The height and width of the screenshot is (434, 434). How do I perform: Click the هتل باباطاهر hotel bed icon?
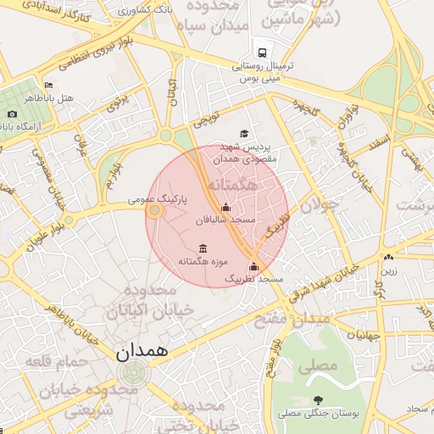pos(48,85)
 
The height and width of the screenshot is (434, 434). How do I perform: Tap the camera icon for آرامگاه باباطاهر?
pos(11,114)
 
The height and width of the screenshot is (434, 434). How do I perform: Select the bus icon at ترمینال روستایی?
pos(259,51)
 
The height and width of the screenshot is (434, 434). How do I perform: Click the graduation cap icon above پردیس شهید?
pos(244,133)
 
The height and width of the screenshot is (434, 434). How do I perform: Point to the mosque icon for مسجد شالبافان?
pos(225,207)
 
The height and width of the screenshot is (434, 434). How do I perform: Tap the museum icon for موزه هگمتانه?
pos(202,248)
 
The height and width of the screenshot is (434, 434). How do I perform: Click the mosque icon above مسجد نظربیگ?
pos(253,267)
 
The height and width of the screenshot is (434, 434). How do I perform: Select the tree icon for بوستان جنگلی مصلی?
pos(318,400)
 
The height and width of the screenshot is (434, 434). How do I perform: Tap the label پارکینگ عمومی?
pos(158,199)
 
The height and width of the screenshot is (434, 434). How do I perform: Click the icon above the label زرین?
pos(388,258)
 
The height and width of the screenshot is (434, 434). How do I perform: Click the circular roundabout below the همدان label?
pos(133,372)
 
